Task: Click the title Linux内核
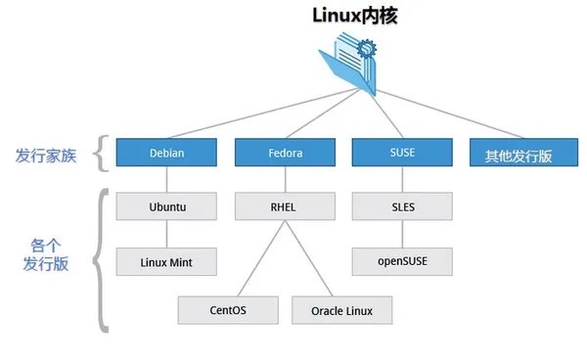coord(340,17)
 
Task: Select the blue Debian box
coord(165,153)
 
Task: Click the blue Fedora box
coord(284,153)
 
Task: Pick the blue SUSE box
coord(402,153)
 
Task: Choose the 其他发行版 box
coord(519,153)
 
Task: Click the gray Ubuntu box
coord(165,206)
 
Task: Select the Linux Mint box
coord(165,262)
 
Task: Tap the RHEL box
coord(284,206)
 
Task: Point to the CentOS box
coord(228,311)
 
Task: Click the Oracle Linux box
coord(341,311)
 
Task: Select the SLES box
coord(402,206)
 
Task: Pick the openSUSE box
coord(402,262)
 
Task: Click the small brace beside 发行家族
coord(98,153)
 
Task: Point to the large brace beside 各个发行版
coord(98,258)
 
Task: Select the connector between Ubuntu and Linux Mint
coord(165,235)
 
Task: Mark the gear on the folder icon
coord(367,48)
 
